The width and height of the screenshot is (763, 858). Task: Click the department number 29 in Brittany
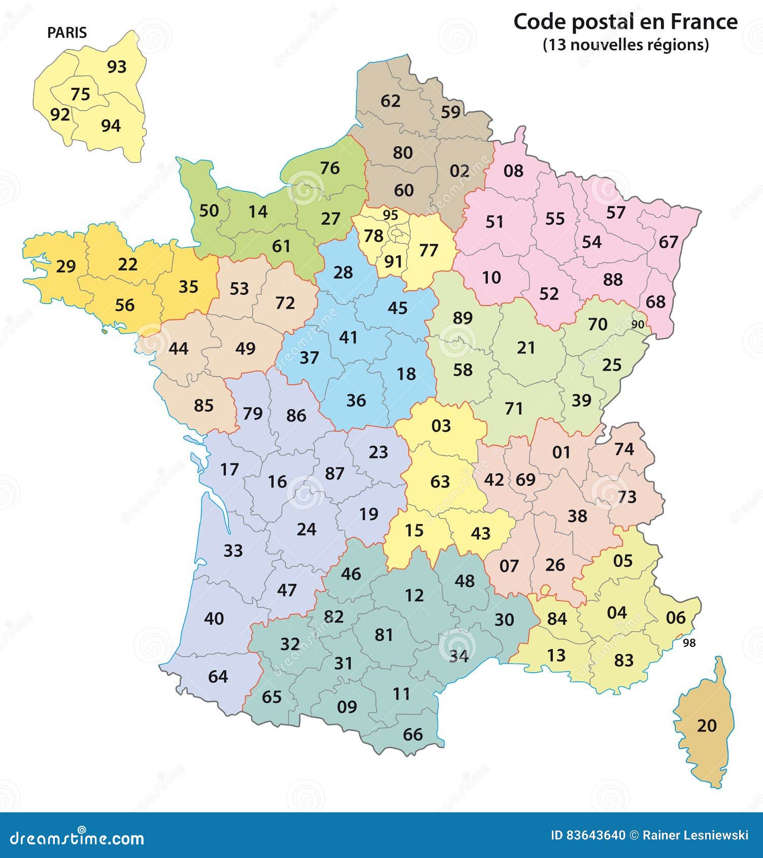coord(65,266)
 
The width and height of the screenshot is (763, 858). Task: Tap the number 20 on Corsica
coord(707,725)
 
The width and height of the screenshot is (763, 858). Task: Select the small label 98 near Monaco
coord(689,643)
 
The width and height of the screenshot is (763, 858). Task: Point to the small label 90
coord(638,324)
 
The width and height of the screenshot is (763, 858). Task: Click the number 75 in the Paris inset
coord(80,94)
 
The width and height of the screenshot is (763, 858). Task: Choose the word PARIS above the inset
coord(67,32)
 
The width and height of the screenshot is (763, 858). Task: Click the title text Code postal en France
coord(625,22)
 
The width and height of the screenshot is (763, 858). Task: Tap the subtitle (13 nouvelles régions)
coord(625,45)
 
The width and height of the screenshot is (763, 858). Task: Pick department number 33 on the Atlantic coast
coord(233,550)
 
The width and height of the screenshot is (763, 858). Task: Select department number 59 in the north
coord(450,112)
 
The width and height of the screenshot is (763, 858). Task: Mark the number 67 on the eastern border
coord(669,242)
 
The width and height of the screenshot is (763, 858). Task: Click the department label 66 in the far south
coord(413,734)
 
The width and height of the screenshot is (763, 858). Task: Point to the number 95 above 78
coord(390,215)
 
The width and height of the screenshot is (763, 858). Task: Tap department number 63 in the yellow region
coord(440,481)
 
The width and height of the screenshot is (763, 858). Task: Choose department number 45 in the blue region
coord(397,308)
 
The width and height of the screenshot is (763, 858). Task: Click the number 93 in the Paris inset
coord(116,67)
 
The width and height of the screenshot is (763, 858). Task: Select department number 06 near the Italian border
coord(676,617)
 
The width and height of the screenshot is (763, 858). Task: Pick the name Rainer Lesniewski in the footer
coord(695,835)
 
